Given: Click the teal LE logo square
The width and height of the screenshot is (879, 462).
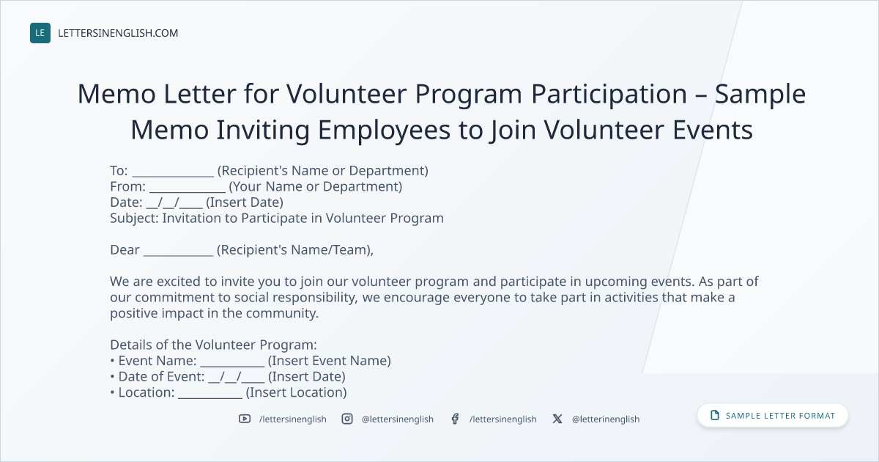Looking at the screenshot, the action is point(40,33).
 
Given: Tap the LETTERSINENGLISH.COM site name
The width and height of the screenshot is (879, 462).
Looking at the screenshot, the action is point(118,33).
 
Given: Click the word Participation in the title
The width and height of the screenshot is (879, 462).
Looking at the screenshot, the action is point(609,95).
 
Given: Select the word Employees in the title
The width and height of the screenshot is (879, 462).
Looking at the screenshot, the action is point(384,131).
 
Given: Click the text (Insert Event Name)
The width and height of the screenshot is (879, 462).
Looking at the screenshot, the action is point(329,361).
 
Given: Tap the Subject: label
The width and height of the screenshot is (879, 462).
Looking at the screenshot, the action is point(134,219).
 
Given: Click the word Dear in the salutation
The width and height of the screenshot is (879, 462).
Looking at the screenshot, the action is point(125,250).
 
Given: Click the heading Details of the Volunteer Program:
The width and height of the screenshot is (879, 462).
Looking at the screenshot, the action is point(213,345).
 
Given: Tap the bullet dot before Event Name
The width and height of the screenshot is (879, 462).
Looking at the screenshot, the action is point(112,361).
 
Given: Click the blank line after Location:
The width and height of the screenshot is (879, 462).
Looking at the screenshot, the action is point(210,397).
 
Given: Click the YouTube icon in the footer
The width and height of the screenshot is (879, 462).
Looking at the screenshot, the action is point(245,419).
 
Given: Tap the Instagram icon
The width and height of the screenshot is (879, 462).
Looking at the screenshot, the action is point(347,419).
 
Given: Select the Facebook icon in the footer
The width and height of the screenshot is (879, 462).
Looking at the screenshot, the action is point(455,419).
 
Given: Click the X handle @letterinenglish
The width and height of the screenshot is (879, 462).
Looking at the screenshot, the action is point(606,419).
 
